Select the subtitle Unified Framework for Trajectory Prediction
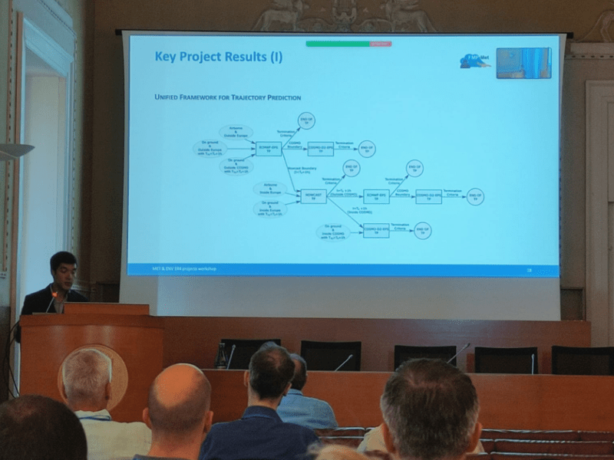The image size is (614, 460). coord(227,97)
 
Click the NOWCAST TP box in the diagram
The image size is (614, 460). coord(313,196)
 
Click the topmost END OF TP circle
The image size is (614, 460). coord(307,120)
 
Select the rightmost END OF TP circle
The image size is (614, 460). coord(476,196)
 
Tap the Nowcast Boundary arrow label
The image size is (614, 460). coord(300,169)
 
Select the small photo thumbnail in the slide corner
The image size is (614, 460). coord(523,63)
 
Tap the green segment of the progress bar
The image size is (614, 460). coord(338,44)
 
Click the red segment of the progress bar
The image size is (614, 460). coord(381,44)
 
